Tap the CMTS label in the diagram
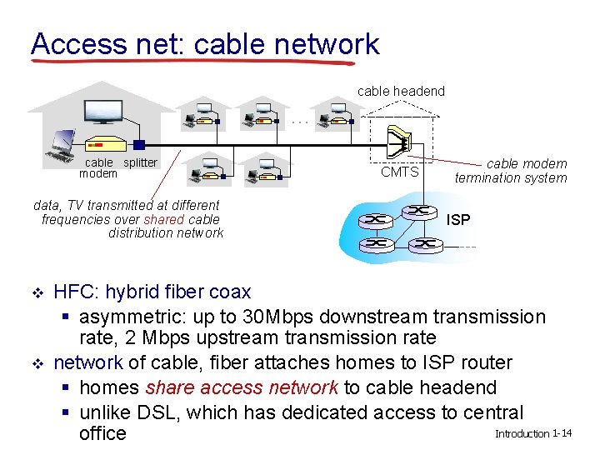click(400, 172)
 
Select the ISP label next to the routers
click(458, 220)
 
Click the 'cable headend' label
click(401, 91)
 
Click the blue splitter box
click(139, 145)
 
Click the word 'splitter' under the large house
click(140, 162)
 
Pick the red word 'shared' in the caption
click(159, 219)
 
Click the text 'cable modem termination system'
click(511, 171)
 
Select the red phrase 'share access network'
click(242, 387)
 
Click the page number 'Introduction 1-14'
click(533, 434)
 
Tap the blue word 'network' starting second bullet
click(88, 362)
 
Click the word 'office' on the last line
click(102, 433)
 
